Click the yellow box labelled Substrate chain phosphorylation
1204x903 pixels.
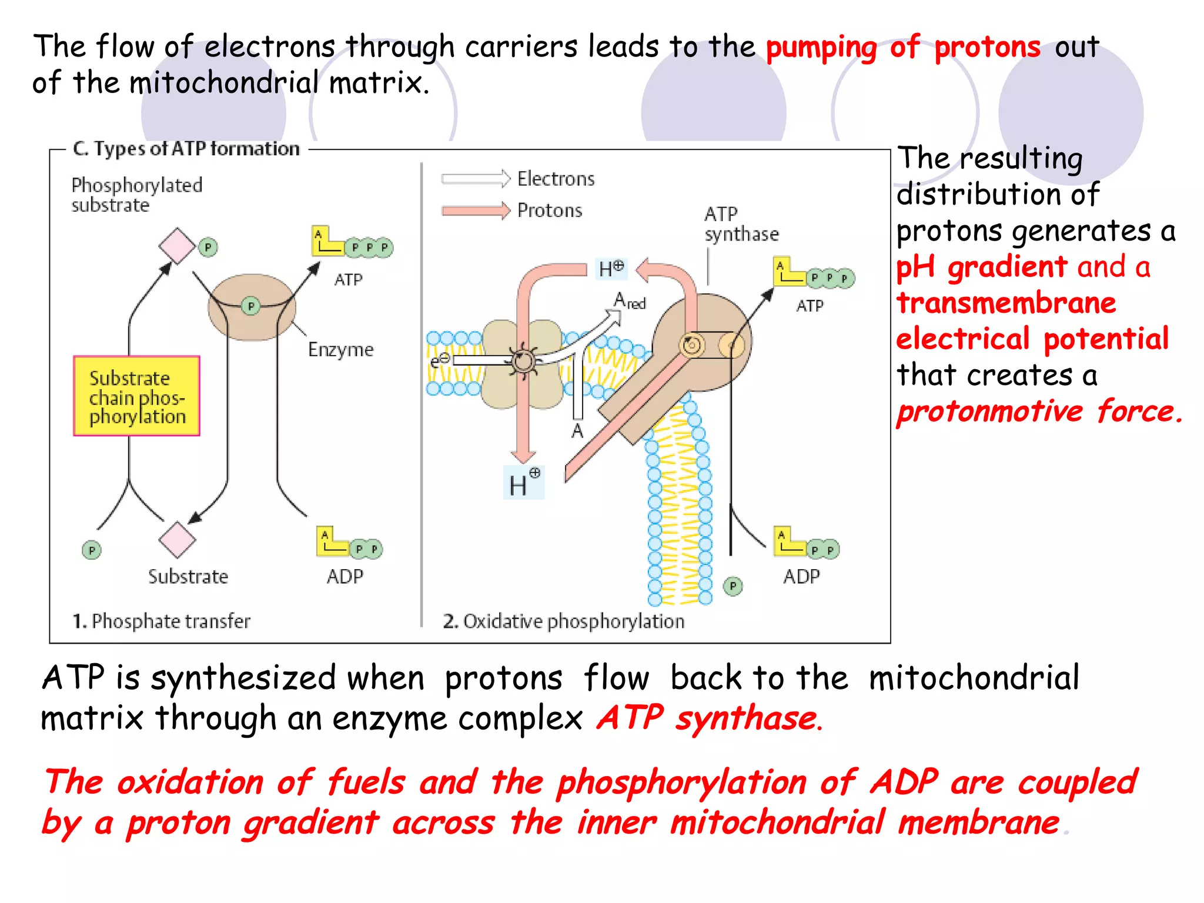click(136, 396)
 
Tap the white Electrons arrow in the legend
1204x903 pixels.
click(476, 179)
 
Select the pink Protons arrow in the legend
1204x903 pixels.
click(476, 210)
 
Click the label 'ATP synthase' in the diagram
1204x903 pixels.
click(740, 224)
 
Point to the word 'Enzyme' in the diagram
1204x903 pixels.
click(340, 349)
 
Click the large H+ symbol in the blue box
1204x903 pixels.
click(523, 483)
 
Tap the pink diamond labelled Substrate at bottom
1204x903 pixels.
click(177, 540)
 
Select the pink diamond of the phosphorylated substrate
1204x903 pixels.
click(177, 246)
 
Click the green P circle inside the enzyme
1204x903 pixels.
click(251, 306)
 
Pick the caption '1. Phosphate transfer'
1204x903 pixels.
click(161, 621)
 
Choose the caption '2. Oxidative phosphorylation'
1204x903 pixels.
click(563, 621)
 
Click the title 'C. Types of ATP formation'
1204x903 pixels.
click(186, 149)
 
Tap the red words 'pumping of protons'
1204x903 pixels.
click(902, 47)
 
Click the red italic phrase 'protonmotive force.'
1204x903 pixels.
click(1038, 411)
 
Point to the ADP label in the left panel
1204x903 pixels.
click(345, 576)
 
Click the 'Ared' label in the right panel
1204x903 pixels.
click(629, 302)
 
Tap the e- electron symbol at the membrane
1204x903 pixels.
click(439, 360)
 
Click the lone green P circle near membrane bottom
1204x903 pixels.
click(733, 586)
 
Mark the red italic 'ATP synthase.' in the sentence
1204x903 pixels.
click(710, 718)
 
